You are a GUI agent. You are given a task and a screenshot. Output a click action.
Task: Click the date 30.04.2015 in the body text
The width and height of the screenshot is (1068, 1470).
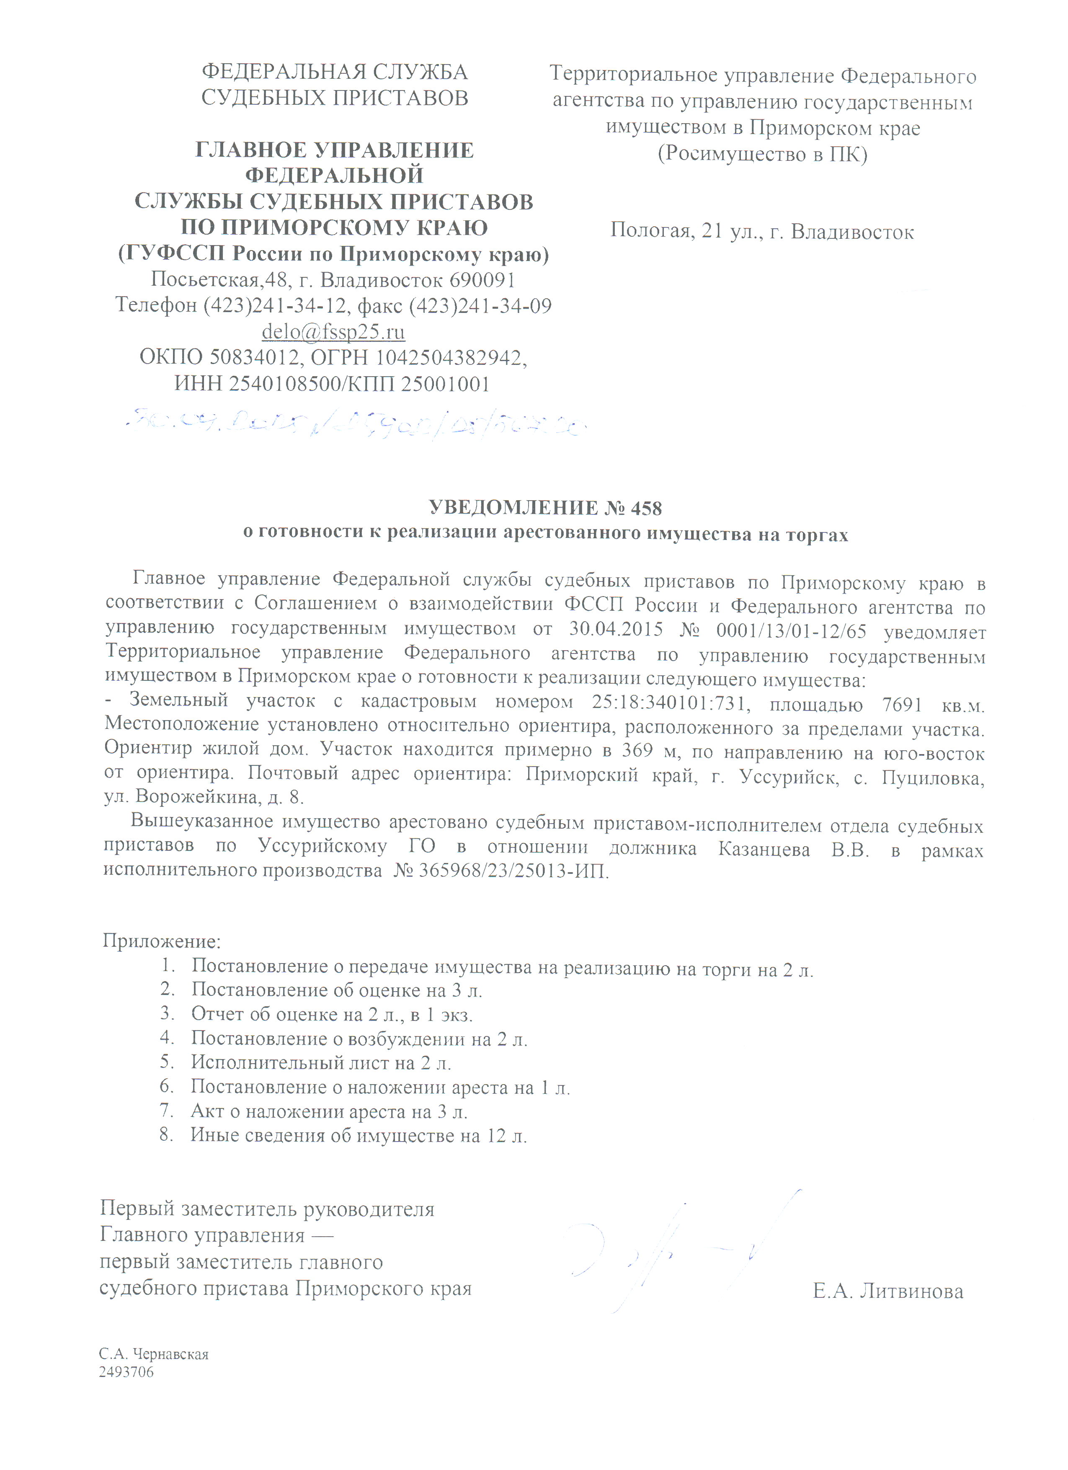click(616, 629)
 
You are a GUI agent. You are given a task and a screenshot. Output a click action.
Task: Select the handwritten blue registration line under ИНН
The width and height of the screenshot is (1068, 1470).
click(356, 424)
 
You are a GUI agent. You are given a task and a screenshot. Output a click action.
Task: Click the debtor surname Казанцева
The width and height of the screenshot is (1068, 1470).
click(764, 850)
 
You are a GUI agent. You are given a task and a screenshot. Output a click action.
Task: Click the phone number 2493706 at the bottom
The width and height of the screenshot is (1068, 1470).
click(126, 1372)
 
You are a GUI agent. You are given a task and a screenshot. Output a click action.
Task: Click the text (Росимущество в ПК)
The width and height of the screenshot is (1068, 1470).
click(762, 154)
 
